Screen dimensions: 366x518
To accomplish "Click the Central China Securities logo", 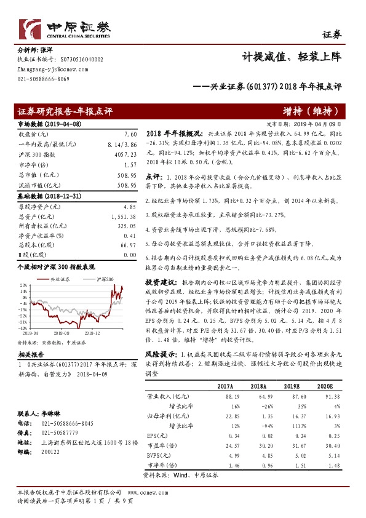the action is pyautogui.click(x=65, y=28).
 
